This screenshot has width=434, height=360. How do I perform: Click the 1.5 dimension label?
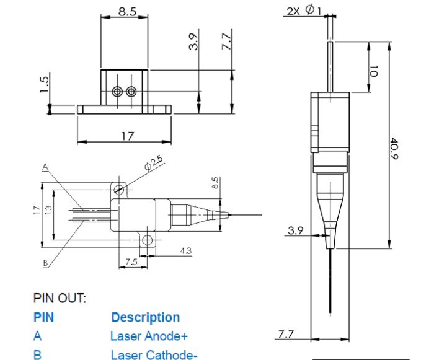click(45, 84)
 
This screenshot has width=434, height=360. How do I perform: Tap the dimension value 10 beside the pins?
click(374, 71)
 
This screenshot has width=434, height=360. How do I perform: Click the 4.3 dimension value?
click(186, 251)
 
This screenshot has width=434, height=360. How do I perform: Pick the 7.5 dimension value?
click(131, 261)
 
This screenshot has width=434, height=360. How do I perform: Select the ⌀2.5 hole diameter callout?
click(154, 163)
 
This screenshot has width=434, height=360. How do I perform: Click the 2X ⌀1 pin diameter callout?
click(304, 11)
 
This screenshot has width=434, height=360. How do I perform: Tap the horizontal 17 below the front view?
click(128, 136)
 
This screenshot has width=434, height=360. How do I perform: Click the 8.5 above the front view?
click(127, 12)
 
